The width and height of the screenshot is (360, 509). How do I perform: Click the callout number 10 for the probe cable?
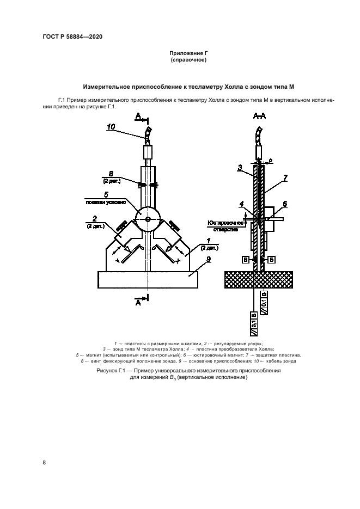(x=111, y=127)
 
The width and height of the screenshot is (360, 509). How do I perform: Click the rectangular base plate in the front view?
(x=147, y=280)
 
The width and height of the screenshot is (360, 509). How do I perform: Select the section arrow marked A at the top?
(x=139, y=116)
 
